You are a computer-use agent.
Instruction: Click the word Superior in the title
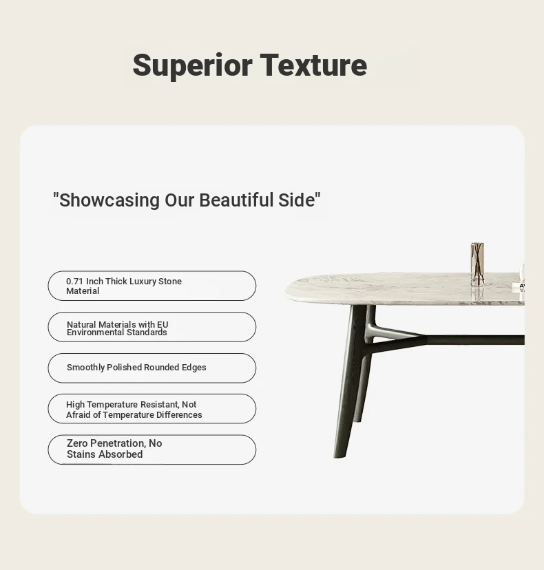click(192, 66)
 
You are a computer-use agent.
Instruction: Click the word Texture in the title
click(314, 65)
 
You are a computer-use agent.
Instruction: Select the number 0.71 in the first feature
click(74, 282)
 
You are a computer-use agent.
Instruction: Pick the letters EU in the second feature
click(163, 324)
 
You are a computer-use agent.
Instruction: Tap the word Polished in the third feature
click(124, 368)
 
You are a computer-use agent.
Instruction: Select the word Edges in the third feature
click(193, 368)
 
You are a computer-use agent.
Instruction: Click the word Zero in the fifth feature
click(77, 443)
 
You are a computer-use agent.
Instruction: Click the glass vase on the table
click(477, 264)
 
